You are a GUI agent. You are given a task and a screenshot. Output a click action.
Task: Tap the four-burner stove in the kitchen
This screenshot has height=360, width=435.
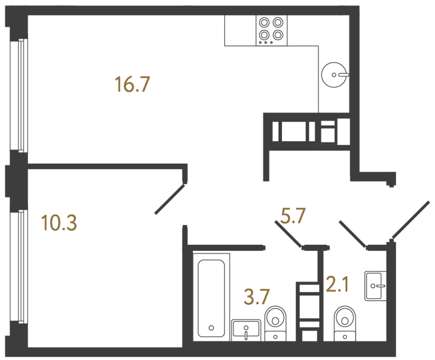click(271, 30)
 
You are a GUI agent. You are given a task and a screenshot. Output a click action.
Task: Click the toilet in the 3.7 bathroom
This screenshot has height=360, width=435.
click(276, 321)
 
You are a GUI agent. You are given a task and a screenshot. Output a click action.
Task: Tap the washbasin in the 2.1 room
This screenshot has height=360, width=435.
click(375, 286)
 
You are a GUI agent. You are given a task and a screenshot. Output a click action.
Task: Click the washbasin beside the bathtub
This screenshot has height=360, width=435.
click(246, 330)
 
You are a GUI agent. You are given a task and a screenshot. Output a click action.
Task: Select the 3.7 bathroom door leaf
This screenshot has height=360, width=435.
click(288, 234)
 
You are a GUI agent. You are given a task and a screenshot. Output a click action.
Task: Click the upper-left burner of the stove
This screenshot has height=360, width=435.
click(264, 23)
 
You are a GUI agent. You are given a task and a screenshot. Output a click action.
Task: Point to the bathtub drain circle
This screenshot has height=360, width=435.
click(211, 327)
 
